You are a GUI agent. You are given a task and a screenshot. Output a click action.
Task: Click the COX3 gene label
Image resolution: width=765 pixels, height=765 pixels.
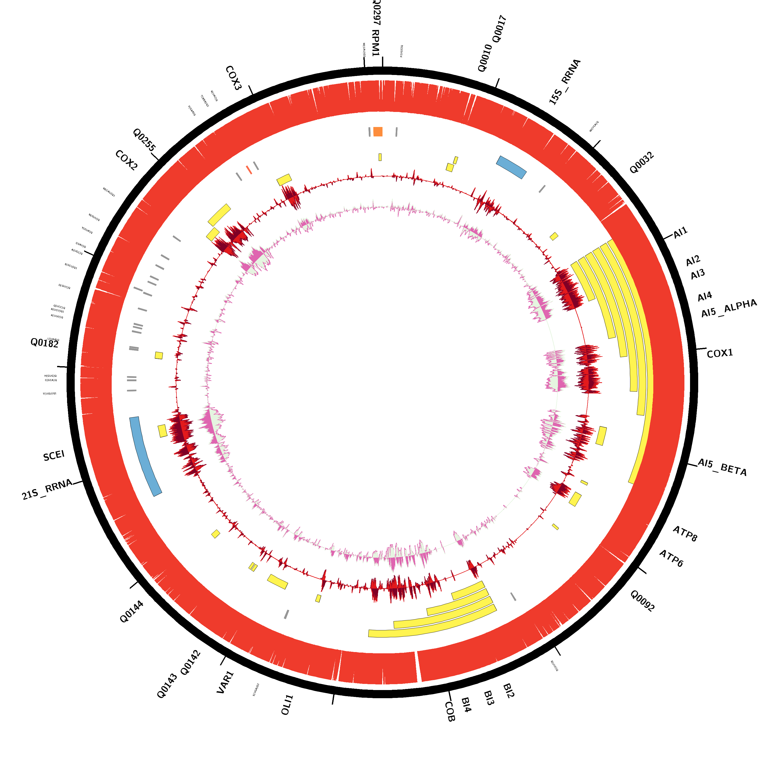click(233, 78)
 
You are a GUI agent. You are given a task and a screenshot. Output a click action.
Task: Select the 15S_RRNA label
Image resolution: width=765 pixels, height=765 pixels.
click(565, 82)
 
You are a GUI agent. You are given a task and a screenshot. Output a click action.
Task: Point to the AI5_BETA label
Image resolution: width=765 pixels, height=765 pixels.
click(722, 468)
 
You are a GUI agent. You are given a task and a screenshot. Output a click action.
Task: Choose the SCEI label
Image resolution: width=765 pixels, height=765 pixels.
click(54, 456)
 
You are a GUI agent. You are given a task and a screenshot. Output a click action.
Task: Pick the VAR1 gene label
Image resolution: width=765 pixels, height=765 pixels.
click(225, 682)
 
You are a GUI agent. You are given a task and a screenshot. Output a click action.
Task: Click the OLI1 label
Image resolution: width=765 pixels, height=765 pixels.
click(287, 705)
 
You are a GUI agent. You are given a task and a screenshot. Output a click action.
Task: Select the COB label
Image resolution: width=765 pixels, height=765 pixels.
click(450, 711)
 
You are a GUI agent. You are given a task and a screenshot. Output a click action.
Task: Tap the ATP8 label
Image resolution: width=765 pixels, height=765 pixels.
click(685, 534)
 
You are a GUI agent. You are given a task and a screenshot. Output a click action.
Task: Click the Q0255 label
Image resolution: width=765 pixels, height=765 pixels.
click(144, 140)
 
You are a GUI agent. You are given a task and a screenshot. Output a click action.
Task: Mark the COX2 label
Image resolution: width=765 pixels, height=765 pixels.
click(126, 160)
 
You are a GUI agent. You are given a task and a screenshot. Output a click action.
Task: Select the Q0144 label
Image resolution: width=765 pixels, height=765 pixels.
click(132, 612)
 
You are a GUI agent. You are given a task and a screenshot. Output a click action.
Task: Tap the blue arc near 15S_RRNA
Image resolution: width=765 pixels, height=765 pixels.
click(511, 167)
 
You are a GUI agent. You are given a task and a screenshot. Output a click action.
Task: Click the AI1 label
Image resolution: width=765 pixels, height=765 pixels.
click(681, 233)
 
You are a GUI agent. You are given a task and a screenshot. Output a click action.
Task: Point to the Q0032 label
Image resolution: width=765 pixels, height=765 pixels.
click(642, 163)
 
